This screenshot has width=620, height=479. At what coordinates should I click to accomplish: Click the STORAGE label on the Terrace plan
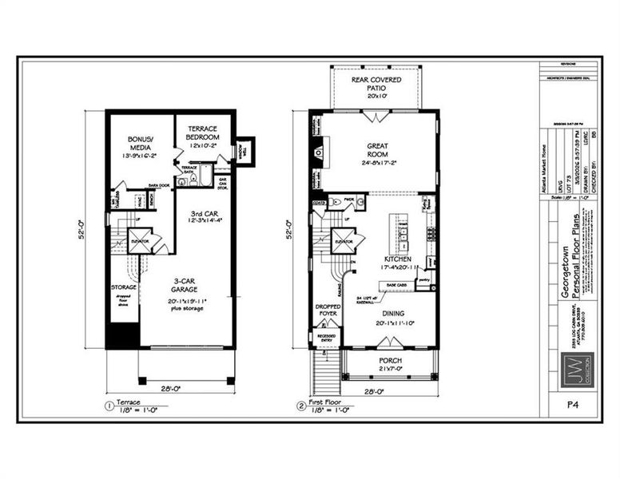pyautogui.click(x=123, y=287)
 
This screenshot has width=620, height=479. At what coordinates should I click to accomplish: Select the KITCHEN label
pyautogui.click(x=398, y=259)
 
